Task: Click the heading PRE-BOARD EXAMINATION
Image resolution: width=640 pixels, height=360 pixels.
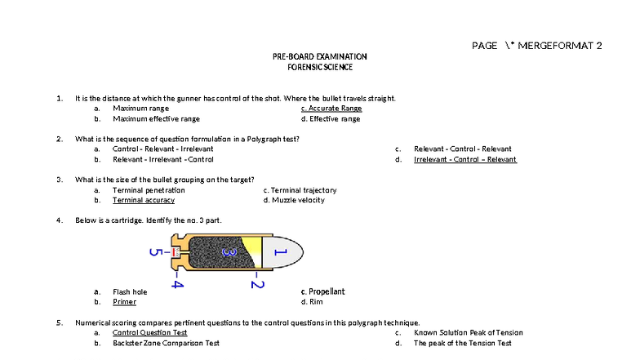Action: point(319,56)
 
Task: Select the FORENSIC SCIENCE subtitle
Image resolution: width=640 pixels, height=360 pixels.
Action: point(319,67)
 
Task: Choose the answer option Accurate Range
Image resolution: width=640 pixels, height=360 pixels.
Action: point(331,109)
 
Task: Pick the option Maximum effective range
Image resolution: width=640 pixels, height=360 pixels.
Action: point(156,119)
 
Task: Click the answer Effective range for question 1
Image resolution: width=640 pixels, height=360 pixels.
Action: point(331,119)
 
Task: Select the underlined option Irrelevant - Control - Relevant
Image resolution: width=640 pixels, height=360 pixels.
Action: point(464,160)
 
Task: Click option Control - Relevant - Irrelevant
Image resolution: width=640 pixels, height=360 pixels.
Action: point(163,149)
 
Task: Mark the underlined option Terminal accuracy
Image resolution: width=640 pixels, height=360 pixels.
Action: point(144,200)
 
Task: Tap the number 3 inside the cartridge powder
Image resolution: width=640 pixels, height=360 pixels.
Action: point(232,253)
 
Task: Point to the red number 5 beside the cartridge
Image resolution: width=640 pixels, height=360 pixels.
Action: point(153,252)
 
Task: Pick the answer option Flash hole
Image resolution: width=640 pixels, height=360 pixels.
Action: point(130,291)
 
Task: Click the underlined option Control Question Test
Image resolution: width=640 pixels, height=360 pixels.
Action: point(149,333)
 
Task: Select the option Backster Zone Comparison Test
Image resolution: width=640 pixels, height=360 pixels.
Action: point(166,344)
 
